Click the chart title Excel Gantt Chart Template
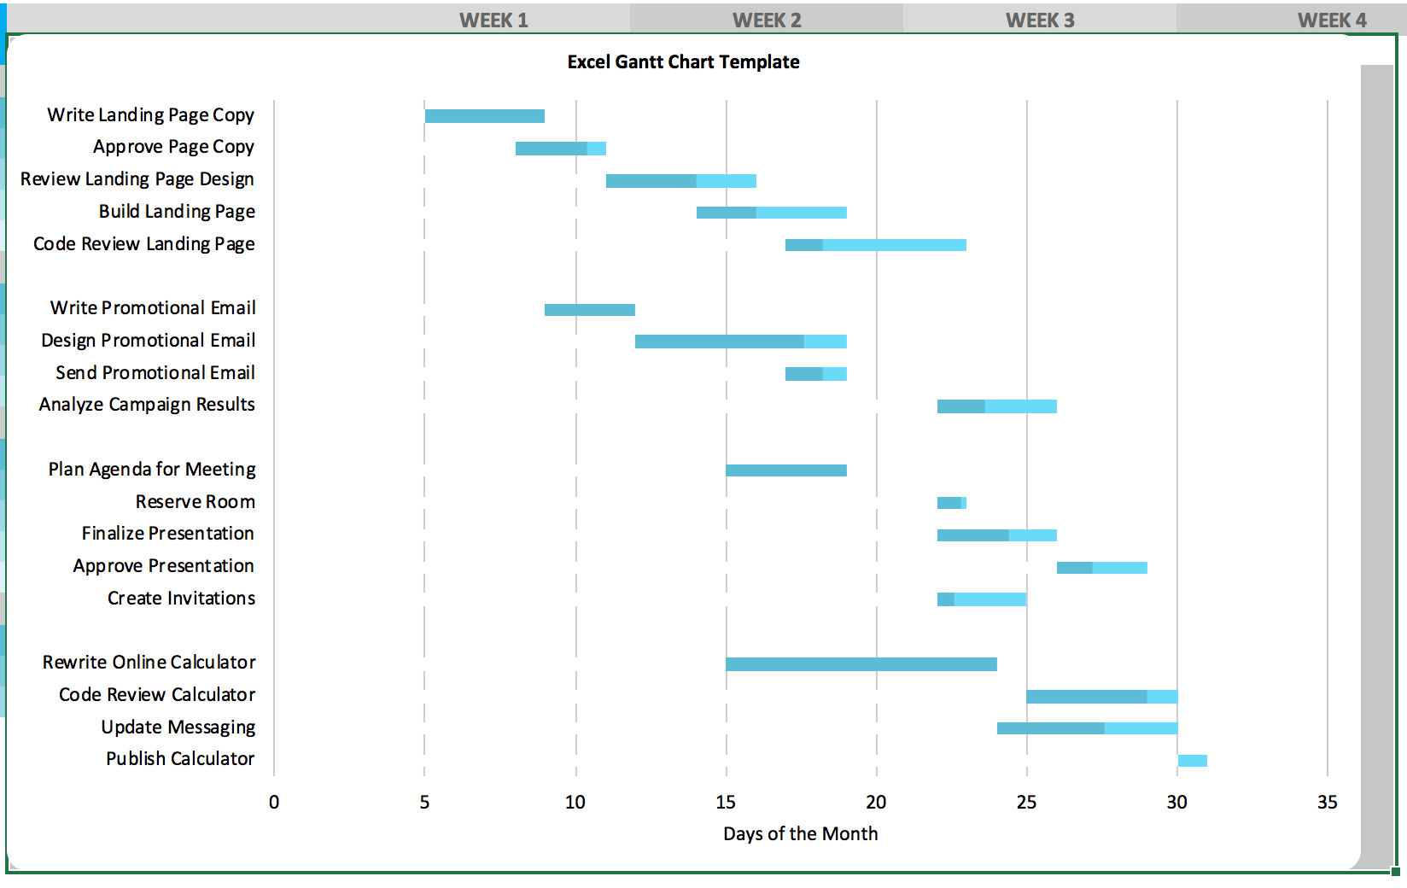click(x=683, y=62)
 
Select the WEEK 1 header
click(x=493, y=20)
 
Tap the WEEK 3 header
click(x=1040, y=20)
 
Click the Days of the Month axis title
click(x=800, y=834)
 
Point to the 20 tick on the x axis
click(x=876, y=803)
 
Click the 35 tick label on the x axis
click(x=1327, y=803)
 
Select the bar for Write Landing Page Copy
click(x=484, y=116)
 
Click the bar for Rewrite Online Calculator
click(x=861, y=664)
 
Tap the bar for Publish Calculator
click(x=1192, y=761)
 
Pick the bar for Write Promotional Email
click(x=589, y=310)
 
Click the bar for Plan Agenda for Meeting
click(x=785, y=470)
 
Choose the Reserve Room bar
click(x=951, y=503)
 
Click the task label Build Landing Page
click(x=177, y=212)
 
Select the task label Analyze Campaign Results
click(x=147, y=405)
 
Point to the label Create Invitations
click(x=181, y=599)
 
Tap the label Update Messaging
click(x=178, y=727)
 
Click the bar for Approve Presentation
click(x=1101, y=568)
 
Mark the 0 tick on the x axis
click(x=274, y=803)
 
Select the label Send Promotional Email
click(x=155, y=373)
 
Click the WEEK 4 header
click(x=1332, y=20)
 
